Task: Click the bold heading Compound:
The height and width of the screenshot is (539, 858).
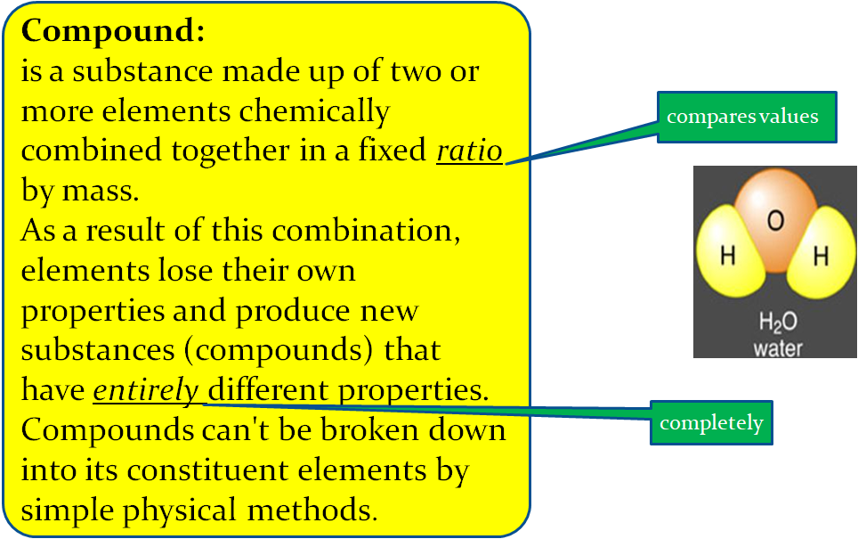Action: tap(113, 33)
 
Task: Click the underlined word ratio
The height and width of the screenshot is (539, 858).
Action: tap(469, 151)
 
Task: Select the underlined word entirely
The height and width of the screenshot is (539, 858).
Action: tap(146, 390)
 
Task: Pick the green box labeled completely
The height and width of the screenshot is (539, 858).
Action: tap(711, 422)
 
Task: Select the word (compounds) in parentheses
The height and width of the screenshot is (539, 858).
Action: tap(279, 350)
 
